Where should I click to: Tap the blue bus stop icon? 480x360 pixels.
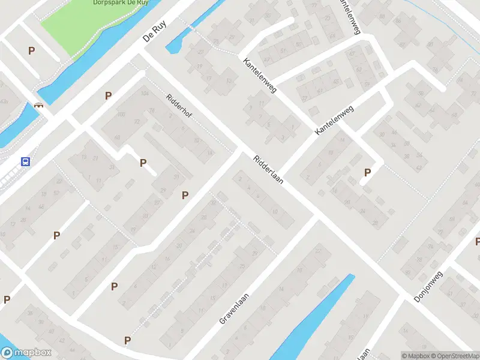click(26, 161)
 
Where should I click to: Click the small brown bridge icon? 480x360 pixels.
click(40, 105)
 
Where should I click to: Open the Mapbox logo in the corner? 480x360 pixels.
click(26, 353)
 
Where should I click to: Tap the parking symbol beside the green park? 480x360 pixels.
click(31, 51)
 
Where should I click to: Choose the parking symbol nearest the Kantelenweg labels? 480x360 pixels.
click(367, 173)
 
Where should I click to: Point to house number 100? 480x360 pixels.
click(122, 114)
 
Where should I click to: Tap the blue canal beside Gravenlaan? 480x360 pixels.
click(312, 318)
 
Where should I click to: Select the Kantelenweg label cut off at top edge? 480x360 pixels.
click(348, 15)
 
